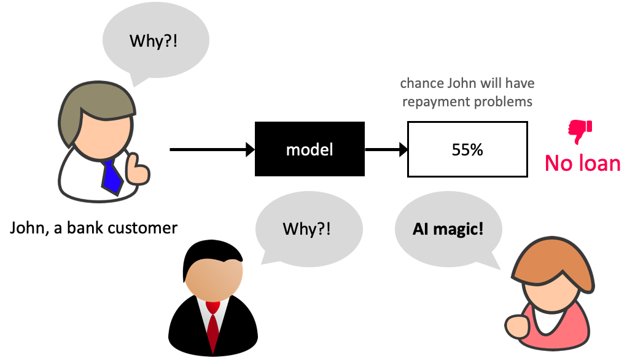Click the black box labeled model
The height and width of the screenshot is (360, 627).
[310, 149]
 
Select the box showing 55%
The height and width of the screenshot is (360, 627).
[467, 149]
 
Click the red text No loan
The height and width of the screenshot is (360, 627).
[582, 163]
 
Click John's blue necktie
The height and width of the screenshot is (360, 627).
[112, 174]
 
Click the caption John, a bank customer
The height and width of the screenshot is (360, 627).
[93, 229]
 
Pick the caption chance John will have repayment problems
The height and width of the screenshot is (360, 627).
[467, 92]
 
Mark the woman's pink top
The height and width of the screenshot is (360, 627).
[556, 332]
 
